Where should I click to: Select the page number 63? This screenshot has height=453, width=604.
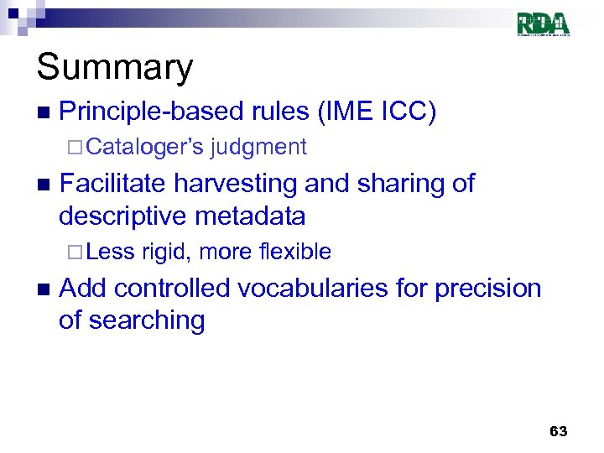[558, 431]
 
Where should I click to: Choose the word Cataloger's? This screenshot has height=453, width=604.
[144, 148]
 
